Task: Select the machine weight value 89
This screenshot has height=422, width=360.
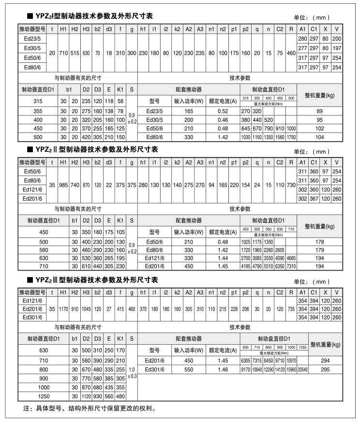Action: pyautogui.click(x=320, y=111)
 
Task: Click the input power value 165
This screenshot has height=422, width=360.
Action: pyautogui.click(x=188, y=111)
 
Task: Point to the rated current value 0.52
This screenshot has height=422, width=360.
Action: pyautogui.click(x=223, y=111)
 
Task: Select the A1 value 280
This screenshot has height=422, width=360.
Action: pyautogui.click(x=302, y=39)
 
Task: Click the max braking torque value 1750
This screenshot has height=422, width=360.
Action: pyautogui.click(x=291, y=137)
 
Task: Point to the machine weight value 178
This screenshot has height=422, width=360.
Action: pyautogui.click(x=320, y=242)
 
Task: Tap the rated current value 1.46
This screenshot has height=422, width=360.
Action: pyautogui.click(x=223, y=370)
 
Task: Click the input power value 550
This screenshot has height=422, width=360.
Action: pyautogui.click(x=188, y=370)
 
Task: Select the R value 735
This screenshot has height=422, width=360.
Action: pyautogui.click(x=291, y=308)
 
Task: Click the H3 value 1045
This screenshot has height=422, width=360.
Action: pyautogui.click(x=86, y=308)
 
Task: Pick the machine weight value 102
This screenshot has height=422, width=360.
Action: pyautogui.click(x=320, y=129)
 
